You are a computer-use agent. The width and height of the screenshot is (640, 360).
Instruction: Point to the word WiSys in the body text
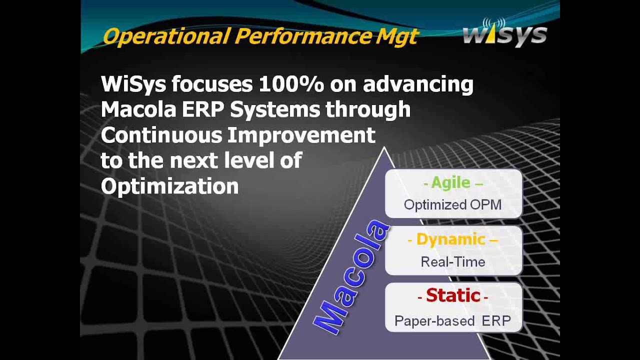click(x=133, y=84)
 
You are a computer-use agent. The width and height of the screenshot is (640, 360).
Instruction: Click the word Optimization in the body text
click(x=169, y=186)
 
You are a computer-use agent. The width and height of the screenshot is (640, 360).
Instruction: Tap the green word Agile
click(x=450, y=182)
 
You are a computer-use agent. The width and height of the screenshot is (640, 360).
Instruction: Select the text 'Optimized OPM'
click(x=452, y=204)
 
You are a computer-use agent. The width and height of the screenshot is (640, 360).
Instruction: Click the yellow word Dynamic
click(x=450, y=239)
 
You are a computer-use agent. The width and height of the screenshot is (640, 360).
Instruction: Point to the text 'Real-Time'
click(x=452, y=262)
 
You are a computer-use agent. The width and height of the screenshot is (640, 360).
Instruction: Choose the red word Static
click(x=453, y=295)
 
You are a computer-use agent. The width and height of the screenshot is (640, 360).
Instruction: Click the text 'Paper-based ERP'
click(x=452, y=321)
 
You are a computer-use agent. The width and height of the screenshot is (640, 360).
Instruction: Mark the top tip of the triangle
click(x=384, y=148)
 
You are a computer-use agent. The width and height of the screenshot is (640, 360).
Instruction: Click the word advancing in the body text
click(x=418, y=84)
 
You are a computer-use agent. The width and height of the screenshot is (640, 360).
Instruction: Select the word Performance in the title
click(x=301, y=36)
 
